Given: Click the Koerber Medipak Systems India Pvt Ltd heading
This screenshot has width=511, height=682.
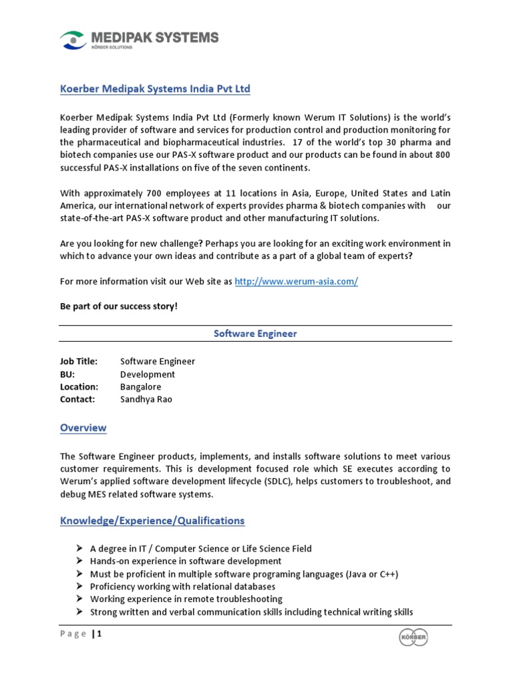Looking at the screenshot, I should [x=155, y=89].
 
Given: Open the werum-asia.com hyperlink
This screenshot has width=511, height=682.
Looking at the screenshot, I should [x=296, y=282].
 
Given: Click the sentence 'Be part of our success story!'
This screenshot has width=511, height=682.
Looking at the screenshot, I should [x=119, y=306].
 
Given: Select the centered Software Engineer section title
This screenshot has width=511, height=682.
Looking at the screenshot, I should [x=255, y=334].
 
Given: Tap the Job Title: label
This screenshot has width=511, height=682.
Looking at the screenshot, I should [x=79, y=361].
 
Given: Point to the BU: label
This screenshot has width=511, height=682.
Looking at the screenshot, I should [x=67, y=374].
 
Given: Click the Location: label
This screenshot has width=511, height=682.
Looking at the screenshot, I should [x=79, y=387].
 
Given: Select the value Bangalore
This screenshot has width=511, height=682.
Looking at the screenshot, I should [x=140, y=387].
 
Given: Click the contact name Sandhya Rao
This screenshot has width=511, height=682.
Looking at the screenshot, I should [x=146, y=400].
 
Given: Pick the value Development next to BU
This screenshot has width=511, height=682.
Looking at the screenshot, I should [x=148, y=374].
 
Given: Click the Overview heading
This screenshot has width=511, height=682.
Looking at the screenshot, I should [x=83, y=428].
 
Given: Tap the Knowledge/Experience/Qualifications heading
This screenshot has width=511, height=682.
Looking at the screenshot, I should [x=152, y=520].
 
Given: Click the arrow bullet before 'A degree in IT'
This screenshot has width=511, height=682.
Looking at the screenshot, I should [x=79, y=549].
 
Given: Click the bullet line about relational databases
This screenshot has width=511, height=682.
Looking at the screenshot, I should [x=182, y=587].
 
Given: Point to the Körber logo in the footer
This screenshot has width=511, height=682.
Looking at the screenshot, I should [x=413, y=637].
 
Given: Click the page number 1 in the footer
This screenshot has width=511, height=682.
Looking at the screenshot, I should [x=100, y=634].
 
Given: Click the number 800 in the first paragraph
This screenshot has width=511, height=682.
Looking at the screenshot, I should [x=442, y=155].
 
